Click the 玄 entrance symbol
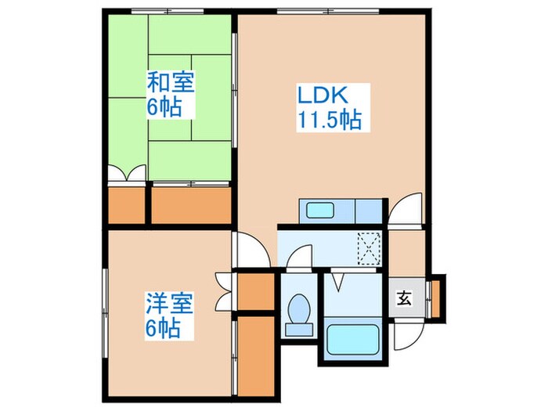point(403,299)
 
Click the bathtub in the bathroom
point(353,340)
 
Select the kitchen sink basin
point(320,211)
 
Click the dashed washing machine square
point(368,247)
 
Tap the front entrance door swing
point(408,333)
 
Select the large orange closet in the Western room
point(254,354)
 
